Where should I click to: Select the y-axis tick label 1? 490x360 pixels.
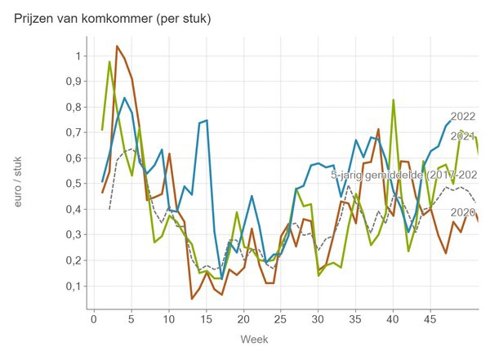[x=78, y=56]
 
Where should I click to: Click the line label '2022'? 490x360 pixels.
[x=463, y=117]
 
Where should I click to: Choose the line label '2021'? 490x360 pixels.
[x=463, y=136]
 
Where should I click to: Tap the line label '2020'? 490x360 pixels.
[x=463, y=212]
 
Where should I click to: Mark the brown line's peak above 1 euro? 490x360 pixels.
[x=117, y=46]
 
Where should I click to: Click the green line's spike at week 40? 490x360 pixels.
[x=393, y=100]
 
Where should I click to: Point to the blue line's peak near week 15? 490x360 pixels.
[x=207, y=121]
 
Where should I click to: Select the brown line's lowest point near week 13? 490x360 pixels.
[x=192, y=299]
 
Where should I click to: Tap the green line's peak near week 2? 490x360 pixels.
[x=109, y=62]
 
